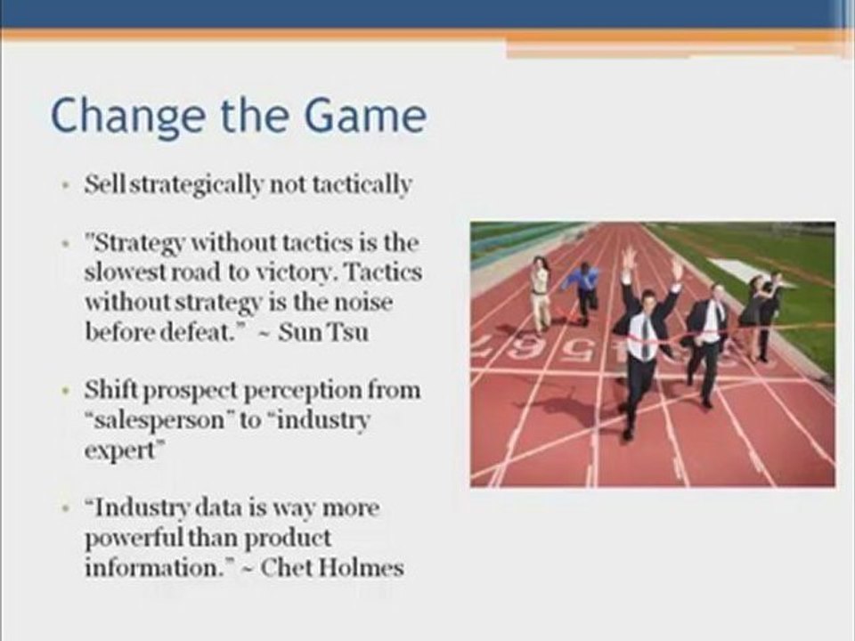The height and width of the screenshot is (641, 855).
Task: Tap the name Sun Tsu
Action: pyautogui.click(x=322, y=332)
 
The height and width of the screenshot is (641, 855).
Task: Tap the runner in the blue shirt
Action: pyautogui.click(x=583, y=289)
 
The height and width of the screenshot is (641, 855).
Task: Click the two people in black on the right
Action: pyautogui.click(x=761, y=312)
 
